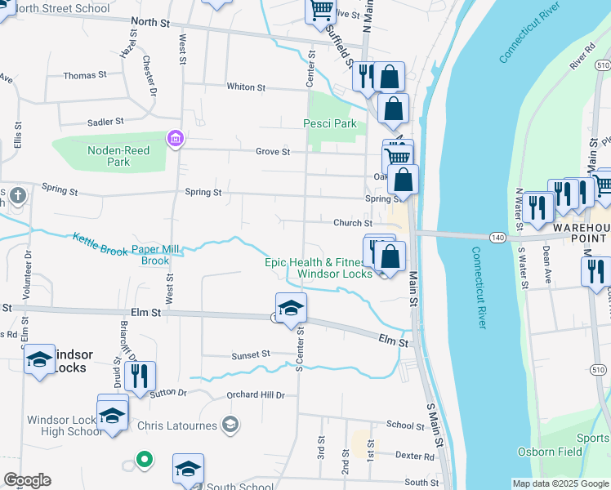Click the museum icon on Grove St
click(173, 139)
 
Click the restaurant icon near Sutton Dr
click(140, 376)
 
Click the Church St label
click(352, 223)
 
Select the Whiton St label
click(246, 87)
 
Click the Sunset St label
click(250, 354)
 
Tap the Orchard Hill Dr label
click(256, 395)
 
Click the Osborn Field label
click(550, 452)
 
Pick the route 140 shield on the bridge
click(497, 237)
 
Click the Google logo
click(27, 480)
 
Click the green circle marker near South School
click(145, 460)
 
